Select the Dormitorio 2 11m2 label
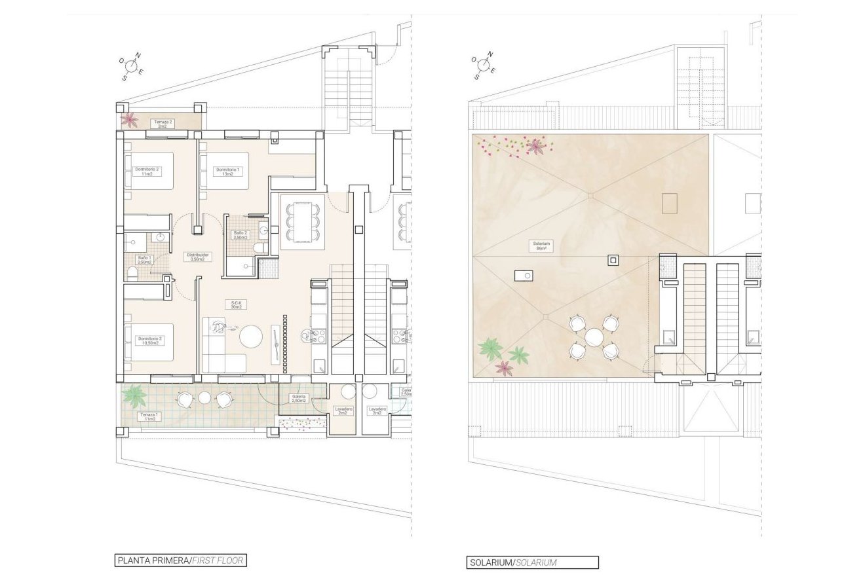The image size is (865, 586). (147, 171)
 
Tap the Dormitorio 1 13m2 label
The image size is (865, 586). (228, 171)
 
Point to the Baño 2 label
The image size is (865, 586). (240, 234)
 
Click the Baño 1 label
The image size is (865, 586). (144, 260)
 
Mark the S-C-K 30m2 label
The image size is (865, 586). (235, 304)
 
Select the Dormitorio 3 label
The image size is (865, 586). (150, 341)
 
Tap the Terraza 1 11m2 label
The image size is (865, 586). (147, 416)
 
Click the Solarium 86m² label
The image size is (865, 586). (541, 246)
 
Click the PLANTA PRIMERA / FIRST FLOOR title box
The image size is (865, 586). (181, 560)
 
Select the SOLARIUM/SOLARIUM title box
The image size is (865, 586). (532, 562)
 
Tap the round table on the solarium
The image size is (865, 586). (594, 337)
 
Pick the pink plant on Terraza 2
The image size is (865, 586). (130, 120)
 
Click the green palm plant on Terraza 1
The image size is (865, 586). (134, 395)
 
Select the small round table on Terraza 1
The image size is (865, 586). (204, 397)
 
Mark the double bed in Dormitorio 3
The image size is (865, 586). (151, 342)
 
